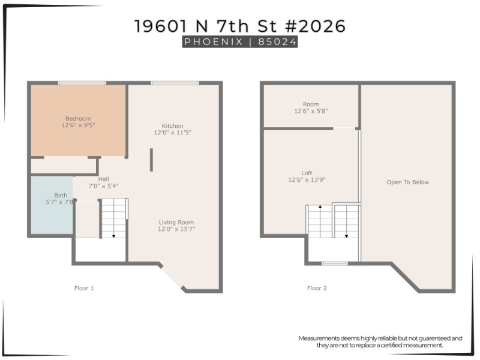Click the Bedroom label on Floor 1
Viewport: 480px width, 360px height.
click(78, 119)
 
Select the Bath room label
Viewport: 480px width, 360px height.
click(61, 195)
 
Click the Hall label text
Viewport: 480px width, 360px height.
click(103, 179)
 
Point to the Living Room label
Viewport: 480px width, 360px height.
click(176, 222)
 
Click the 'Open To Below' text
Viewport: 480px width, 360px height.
click(407, 182)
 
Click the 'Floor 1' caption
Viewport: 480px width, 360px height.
click(84, 289)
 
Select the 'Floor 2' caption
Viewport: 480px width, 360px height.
click(317, 289)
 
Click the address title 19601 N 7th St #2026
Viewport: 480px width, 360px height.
click(240, 26)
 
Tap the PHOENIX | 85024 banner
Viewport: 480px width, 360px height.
click(240, 42)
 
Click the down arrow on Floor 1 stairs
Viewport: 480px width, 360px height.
click(114, 235)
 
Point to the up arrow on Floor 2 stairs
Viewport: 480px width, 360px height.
click(320, 207)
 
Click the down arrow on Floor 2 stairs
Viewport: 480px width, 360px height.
click(346, 235)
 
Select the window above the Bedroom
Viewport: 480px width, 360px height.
click(82, 83)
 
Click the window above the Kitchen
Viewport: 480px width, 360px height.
click(175, 83)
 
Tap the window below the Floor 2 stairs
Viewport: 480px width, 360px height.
click(334, 263)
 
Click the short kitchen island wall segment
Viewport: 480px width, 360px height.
click(151, 160)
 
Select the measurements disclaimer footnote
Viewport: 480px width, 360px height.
click(380, 341)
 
